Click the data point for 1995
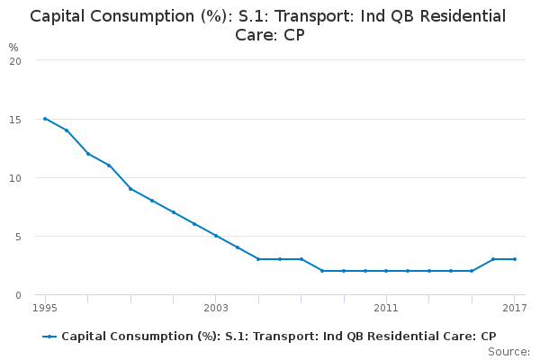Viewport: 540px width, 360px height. (45, 119)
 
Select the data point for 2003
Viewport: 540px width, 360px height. (216, 236)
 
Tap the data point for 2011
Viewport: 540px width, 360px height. (386, 271)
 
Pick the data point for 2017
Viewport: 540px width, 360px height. (514, 259)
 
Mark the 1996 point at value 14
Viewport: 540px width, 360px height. (67, 130)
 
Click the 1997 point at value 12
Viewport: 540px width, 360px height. (87, 154)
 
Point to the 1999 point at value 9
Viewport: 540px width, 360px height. (130, 189)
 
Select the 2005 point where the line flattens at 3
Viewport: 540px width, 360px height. (258, 259)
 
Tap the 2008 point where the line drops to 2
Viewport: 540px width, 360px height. (322, 271)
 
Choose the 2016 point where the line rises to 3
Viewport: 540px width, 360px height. (493, 259)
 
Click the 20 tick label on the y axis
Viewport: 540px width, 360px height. (15, 61)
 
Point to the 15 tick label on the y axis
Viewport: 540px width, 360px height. (15, 120)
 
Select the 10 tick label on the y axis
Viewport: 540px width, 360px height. (15, 178)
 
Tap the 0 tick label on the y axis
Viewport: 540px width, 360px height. (18, 295)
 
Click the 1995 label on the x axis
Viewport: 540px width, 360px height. (45, 309)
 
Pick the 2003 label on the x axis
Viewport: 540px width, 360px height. (216, 309)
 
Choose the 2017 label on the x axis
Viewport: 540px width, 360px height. (514, 309)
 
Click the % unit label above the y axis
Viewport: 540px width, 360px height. (13, 47)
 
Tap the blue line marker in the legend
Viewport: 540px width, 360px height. (49, 337)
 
